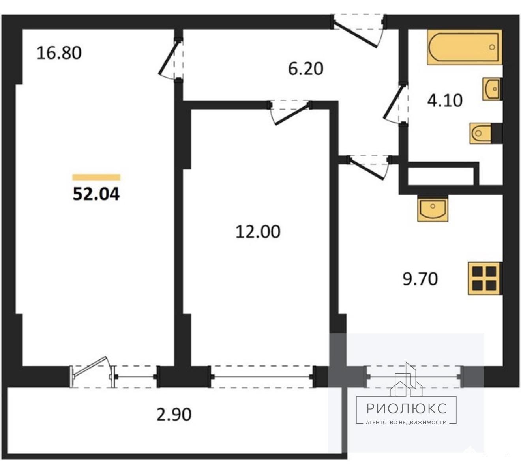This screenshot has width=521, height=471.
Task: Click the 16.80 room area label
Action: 59,52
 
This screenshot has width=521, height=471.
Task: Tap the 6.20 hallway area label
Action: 305,69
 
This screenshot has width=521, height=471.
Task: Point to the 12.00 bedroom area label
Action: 258,231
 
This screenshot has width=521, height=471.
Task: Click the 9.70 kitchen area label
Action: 420,279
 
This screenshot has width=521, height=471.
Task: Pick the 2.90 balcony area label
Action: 174,414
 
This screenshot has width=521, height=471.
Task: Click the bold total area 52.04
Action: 96,194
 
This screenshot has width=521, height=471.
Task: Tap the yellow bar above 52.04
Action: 96,177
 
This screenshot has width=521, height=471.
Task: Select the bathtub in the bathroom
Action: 464,47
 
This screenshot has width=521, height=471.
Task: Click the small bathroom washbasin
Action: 492,89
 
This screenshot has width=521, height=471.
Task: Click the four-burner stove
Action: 484,278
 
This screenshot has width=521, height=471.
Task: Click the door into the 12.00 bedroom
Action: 290,112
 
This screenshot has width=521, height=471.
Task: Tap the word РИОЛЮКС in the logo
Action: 406,408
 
